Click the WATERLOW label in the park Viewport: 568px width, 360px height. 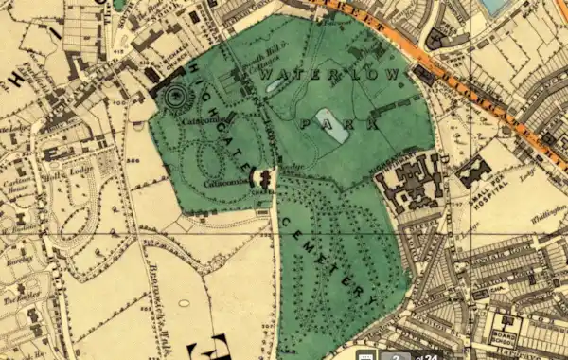[336, 73]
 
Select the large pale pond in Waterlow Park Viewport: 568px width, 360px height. [336, 132]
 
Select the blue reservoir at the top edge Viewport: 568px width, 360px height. [498, 7]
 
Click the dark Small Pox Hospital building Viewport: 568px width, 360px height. [473, 171]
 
